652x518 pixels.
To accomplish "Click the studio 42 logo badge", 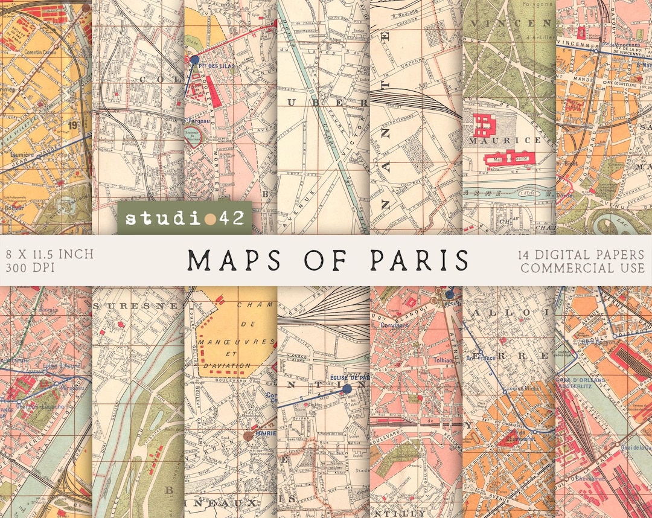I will click(x=184, y=218).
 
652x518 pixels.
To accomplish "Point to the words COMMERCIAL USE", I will click(x=583, y=267).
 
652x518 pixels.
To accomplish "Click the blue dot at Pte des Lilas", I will click(x=194, y=59).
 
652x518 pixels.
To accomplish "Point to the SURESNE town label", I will click(x=137, y=306).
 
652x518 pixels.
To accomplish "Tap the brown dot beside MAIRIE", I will click(x=248, y=435).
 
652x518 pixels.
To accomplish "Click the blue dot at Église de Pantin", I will click(x=347, y=389).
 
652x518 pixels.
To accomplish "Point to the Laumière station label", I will click(x=20, y=155).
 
